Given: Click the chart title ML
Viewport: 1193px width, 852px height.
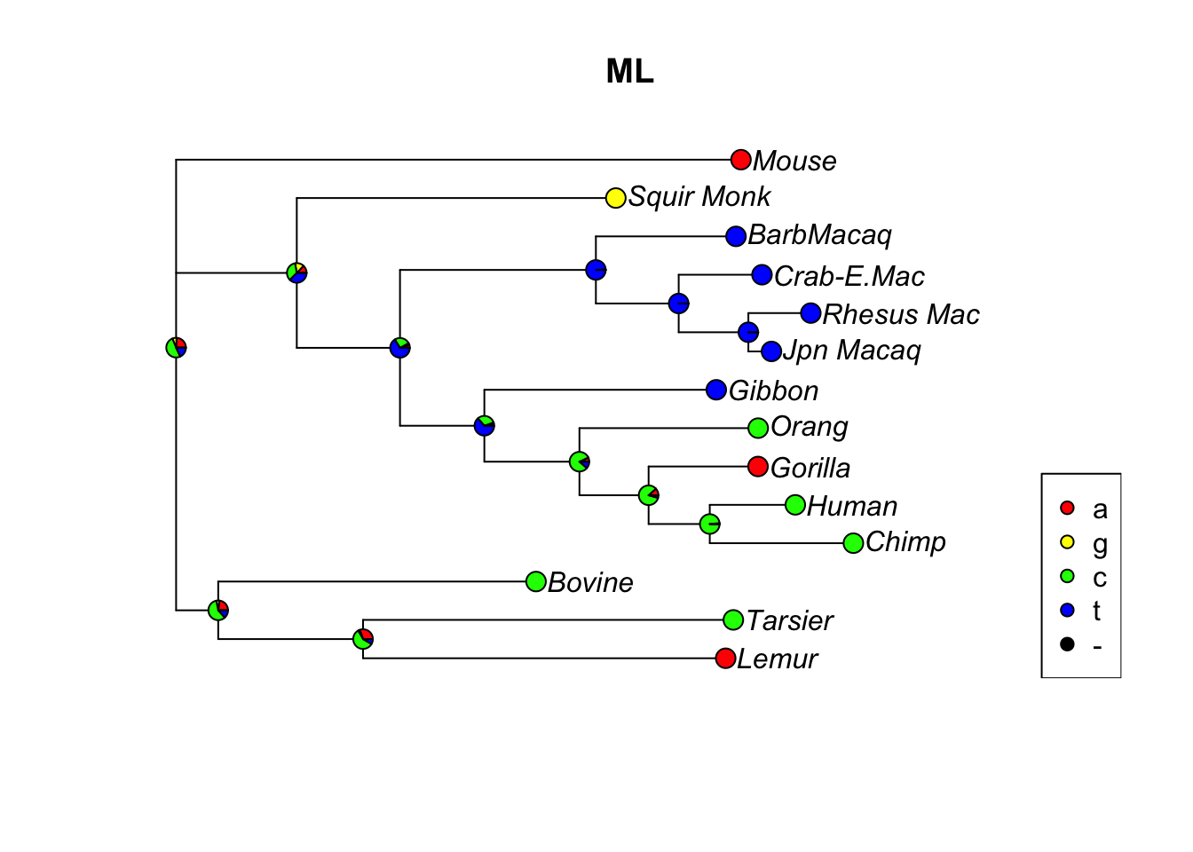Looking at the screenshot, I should pos(629,71).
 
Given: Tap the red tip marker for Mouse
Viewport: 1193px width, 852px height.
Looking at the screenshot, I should pos(740,160).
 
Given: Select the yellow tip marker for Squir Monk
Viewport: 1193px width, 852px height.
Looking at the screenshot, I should pos(615,198).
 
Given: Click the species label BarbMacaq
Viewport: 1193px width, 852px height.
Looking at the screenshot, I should pos(819,235).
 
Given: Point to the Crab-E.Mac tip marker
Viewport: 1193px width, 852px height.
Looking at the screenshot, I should pos(762,275).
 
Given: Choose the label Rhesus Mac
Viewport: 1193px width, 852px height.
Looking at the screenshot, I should pos(900,314).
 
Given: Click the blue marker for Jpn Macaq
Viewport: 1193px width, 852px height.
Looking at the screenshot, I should pos(770,351).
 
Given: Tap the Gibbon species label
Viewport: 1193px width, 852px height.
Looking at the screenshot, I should pos(773,390).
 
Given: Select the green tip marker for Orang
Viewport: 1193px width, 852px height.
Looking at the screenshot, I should pos(757,429).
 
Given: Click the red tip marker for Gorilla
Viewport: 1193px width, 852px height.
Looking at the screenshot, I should pos(757,467).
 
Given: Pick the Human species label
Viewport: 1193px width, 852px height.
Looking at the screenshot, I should pos(852,506).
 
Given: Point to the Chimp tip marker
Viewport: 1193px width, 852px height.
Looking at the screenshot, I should pos(852,543).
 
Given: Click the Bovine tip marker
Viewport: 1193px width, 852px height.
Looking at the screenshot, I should pos(535,581).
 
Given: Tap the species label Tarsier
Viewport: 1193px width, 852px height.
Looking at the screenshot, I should pos(789,620).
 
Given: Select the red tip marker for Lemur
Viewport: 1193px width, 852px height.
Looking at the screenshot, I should pos(724,659).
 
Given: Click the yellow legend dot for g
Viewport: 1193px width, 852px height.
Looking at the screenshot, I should pos(1067,542).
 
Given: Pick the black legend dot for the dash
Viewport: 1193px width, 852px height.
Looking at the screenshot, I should pos(1067,644).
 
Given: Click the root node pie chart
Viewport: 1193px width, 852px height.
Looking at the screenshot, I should pos(176,347).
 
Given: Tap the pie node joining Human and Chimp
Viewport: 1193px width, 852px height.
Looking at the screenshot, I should pos(709,524).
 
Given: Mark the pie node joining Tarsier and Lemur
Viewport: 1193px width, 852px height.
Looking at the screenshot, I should pos(362,638).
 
